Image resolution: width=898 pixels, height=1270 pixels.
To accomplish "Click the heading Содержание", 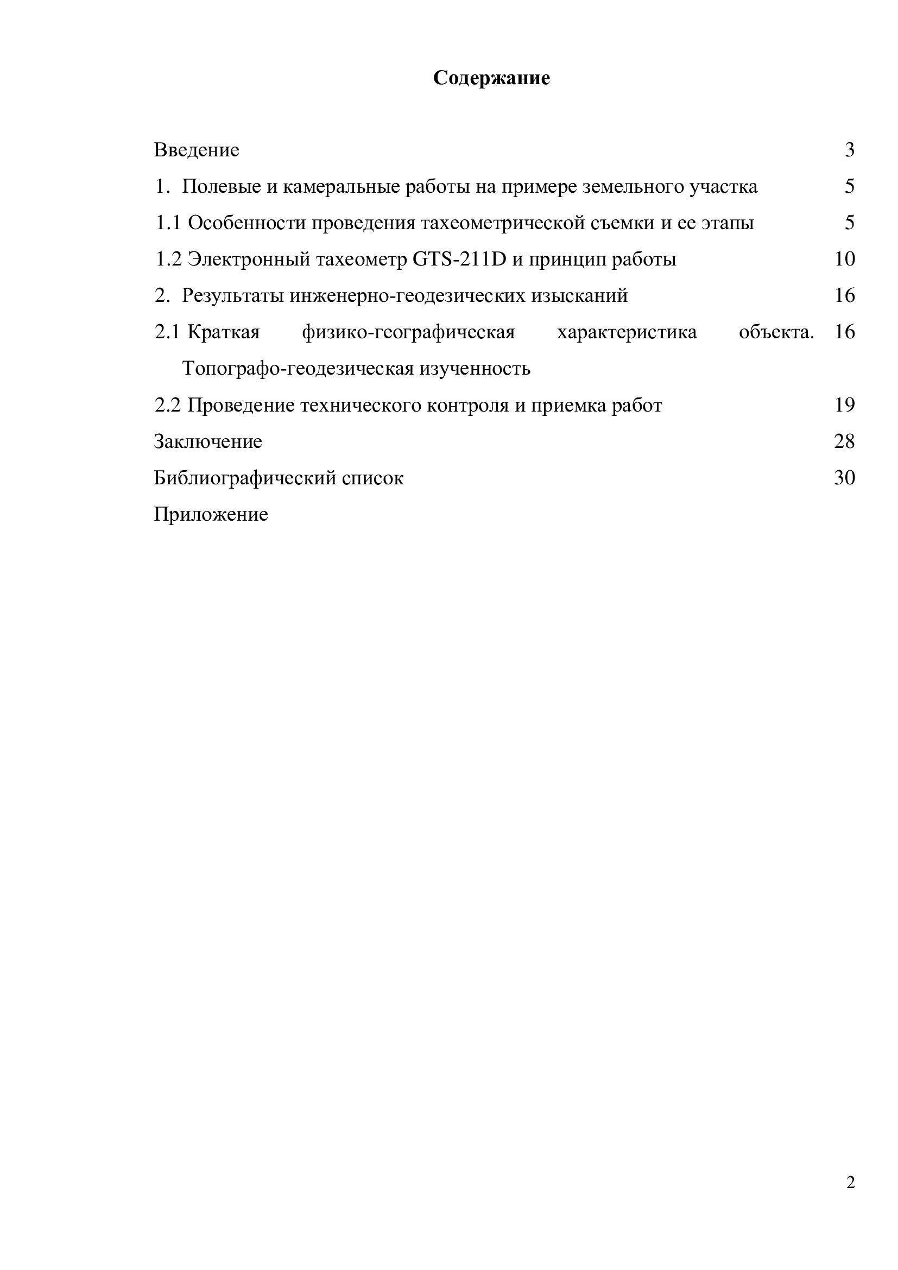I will tap(491, 78).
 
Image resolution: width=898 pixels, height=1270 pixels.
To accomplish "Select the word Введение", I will tap(197, 150).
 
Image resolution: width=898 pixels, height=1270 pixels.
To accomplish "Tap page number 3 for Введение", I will tap(849, 150).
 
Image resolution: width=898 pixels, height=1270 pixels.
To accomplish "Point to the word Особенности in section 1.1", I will tap(246, 223).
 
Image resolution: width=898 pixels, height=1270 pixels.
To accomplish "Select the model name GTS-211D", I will tap(459, 259).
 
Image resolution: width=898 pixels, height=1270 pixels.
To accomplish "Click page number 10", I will tap(844, 259).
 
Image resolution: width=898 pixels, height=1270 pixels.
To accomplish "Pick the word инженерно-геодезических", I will tap(408, 296).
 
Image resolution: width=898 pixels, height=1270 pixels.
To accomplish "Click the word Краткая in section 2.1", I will tap(223, 332).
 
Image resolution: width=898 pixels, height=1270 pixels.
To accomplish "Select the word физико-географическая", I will tap(408, 332).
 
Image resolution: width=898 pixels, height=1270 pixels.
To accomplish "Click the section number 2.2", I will tap(168, 406).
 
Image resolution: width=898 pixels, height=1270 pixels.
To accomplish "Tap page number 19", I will tap(844, 406).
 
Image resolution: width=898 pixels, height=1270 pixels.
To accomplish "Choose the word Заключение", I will tap(208, 441).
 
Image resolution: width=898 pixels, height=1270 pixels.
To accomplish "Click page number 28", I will tap(844, 441).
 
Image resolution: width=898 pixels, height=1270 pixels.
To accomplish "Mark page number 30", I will tap(844, 478).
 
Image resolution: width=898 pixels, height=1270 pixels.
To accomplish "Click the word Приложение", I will tap(211, 514).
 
